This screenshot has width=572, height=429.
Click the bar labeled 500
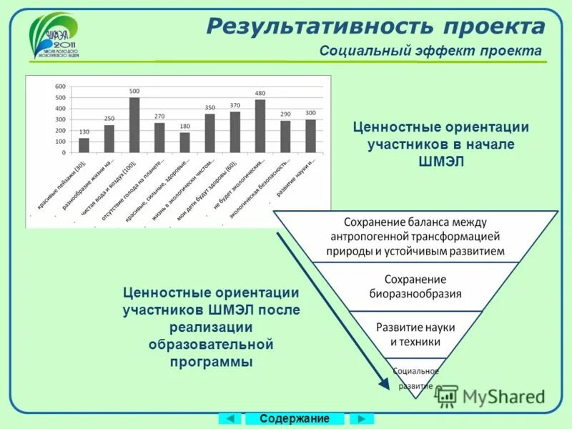pos(134,125)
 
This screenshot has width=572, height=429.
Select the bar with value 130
pos(84,145)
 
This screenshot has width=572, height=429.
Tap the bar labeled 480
pos(260,126)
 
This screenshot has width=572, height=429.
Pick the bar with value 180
pos(184,142)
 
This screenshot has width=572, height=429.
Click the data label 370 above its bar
pos(235,106)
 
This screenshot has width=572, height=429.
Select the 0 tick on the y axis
pos(64,152)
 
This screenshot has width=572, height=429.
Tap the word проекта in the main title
pos(493,26)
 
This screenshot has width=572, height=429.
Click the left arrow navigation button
pos(229,418)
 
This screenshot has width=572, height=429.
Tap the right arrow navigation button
pos(363,418)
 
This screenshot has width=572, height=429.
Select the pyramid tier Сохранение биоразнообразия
pos(415,286)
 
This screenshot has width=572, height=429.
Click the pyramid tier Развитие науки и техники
pos(415,334)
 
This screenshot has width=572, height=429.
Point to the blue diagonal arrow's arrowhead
pos(384,384)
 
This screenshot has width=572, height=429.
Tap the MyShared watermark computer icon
pos(447,395)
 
